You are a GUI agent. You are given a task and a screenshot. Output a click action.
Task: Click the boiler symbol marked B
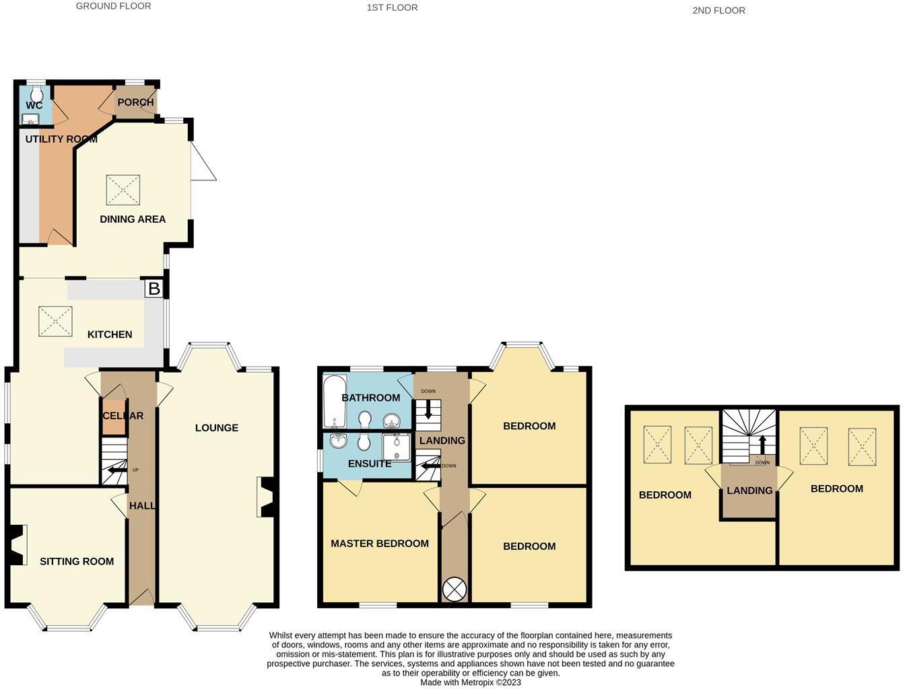[154, 289]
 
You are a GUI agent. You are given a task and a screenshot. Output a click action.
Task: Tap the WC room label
[34, 106]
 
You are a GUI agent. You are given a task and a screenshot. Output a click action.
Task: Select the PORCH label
[135, 102]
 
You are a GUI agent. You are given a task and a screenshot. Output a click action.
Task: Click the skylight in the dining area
[123, 190]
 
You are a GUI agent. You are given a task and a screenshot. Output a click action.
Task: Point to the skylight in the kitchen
[55, 321]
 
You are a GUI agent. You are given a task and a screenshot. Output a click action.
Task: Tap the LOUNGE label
[216, 428]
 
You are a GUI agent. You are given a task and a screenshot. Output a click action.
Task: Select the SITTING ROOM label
[77, 561]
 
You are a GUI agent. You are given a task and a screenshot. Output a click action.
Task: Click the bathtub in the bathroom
[333, 402]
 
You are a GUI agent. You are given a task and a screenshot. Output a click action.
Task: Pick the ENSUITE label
[370, 464]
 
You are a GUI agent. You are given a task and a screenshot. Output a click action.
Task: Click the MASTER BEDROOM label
[380, 544]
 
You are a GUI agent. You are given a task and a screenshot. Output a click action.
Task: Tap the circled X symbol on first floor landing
[454, 589]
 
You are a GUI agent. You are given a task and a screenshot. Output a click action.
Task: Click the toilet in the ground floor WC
[36, 92]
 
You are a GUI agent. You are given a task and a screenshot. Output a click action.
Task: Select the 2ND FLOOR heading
[718, 10]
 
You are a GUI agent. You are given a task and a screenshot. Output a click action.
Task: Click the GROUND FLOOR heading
[113, 6]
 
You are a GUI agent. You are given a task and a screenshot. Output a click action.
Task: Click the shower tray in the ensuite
[396, 447]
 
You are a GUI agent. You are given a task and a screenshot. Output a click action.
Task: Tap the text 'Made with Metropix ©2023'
[471, 682]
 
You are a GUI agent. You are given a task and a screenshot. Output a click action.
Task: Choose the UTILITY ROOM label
[61, 139]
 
